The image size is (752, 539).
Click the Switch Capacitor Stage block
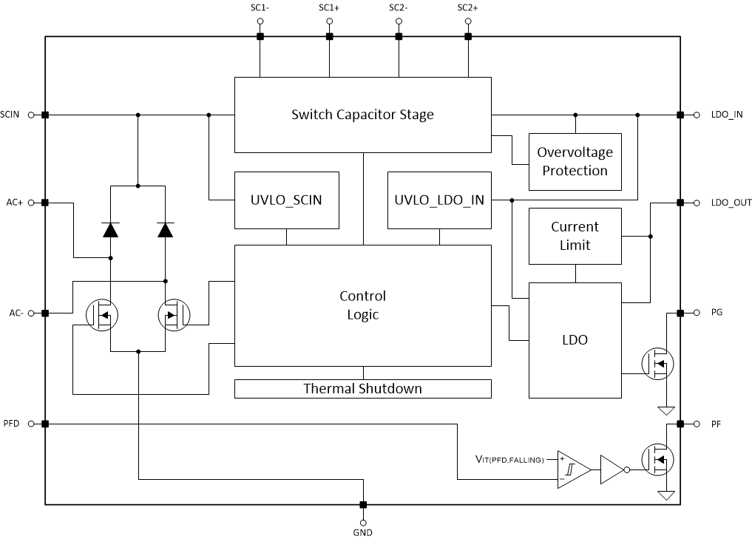point(362,115)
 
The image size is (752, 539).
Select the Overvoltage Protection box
point(575,161)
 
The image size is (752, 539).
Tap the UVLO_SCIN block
point(286,200)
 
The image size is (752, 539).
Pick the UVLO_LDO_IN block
point(439,200)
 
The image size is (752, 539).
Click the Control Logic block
point(362,305)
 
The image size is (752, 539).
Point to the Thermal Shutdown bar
point(362,388)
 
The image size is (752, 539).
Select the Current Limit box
point(575,236)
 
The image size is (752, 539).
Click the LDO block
point(575,339)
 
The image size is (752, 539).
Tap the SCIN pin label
point(10,115)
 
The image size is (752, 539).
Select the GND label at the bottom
point(362,532)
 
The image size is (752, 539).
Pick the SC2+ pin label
point(467,8)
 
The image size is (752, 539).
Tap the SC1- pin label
point(260,8)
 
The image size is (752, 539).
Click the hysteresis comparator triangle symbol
point(572,469)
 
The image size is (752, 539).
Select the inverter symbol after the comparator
point(613,469)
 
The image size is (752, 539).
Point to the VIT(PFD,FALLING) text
point(509,460)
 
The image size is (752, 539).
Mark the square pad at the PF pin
point(679,424)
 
